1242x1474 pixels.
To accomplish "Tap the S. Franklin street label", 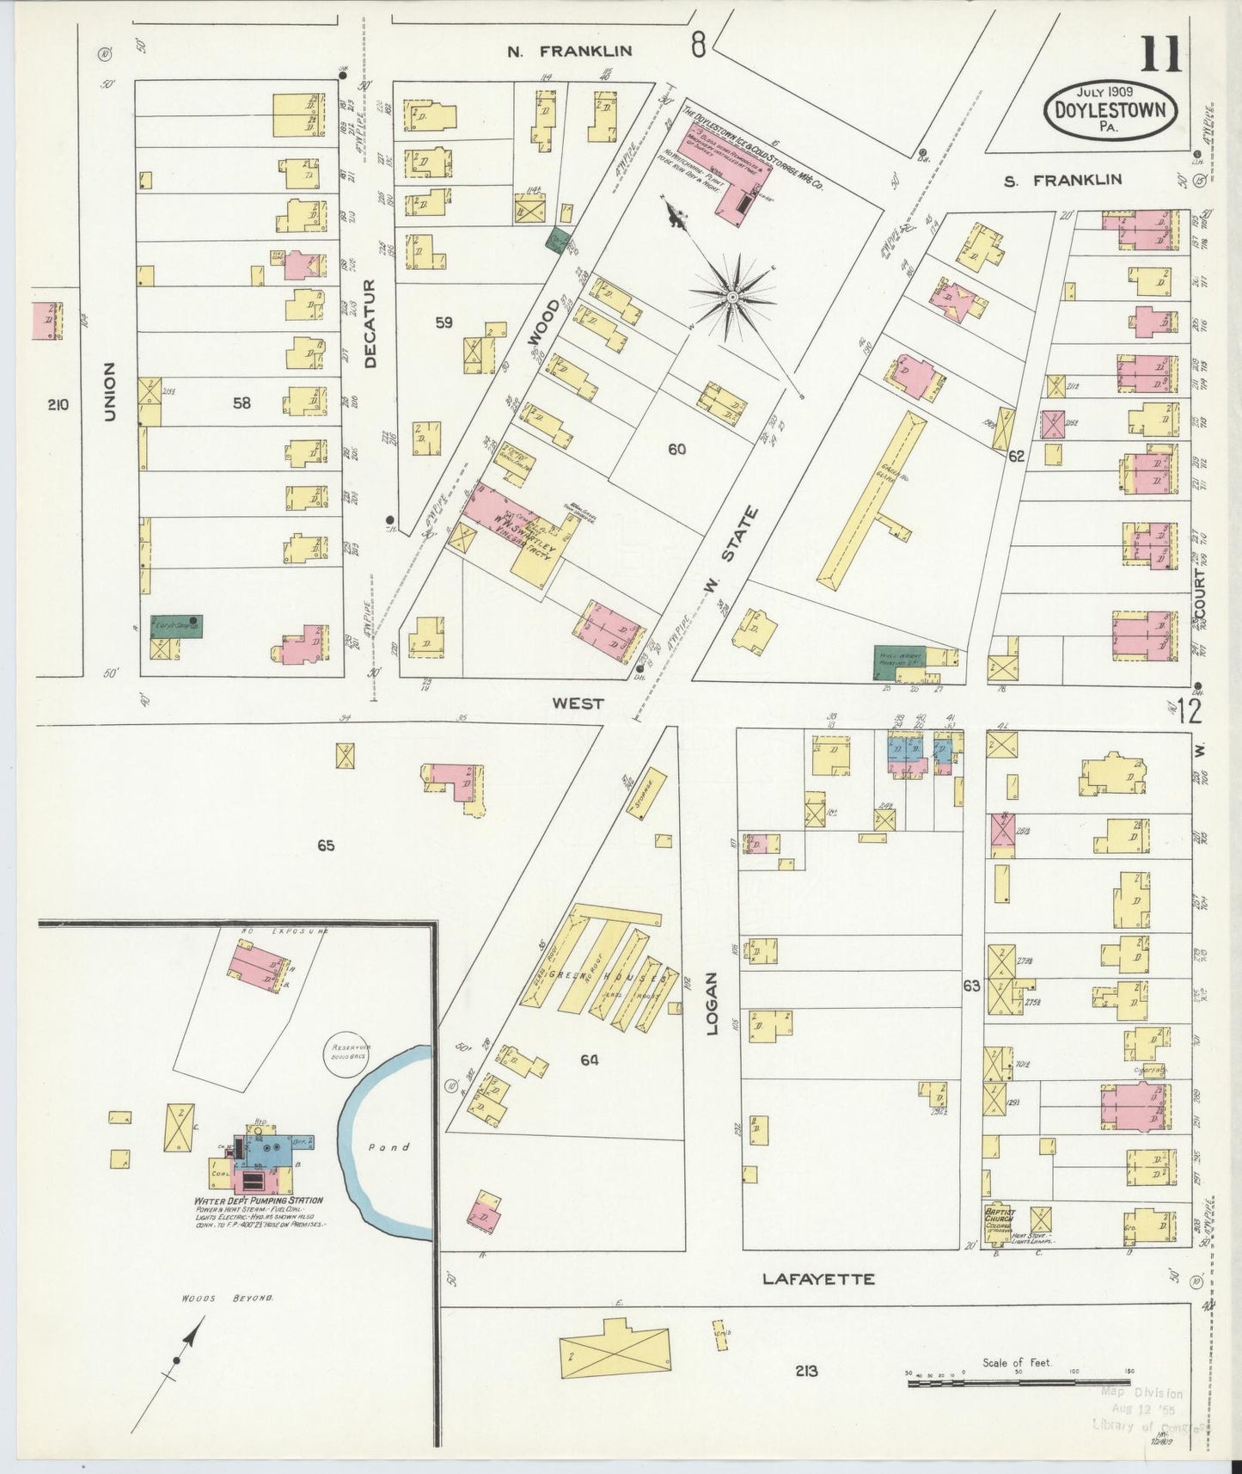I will [1063, 180].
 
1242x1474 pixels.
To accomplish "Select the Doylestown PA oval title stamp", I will [1110, 107].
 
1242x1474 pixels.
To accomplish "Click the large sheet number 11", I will [1160, 55].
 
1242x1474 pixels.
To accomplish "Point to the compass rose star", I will [732, 298].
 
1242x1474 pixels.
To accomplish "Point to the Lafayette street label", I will [819, 1280].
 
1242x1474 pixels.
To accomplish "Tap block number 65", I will [325, 846].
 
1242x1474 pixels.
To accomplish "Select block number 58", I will [242, 402].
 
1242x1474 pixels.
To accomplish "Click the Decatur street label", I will [370, 324].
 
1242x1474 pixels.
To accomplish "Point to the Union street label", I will [109, 391].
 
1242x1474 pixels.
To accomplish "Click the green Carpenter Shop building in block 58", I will [176, 625].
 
